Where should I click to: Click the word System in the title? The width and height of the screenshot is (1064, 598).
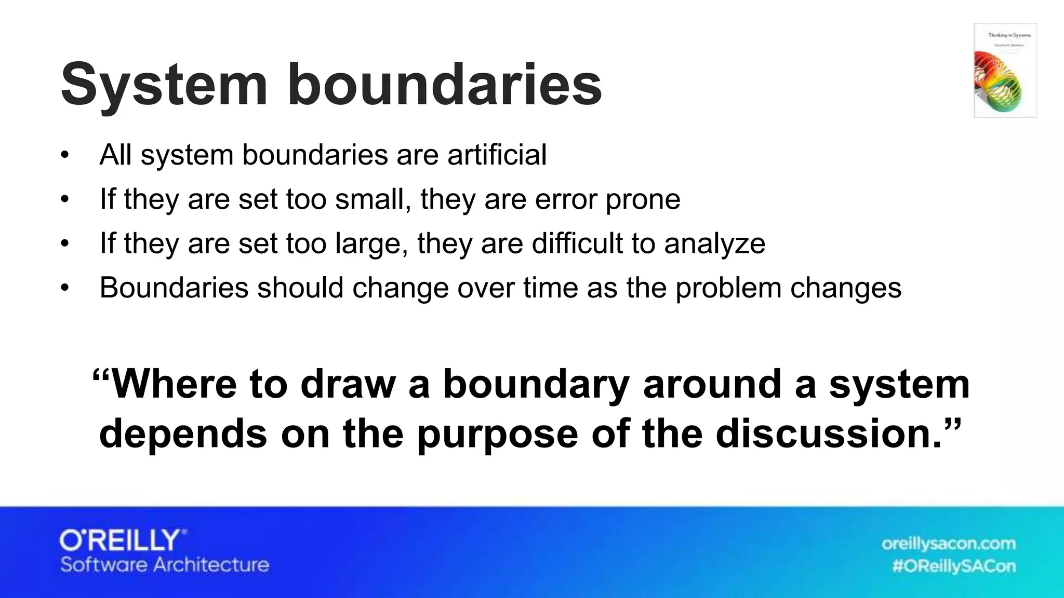(x=164, y=85)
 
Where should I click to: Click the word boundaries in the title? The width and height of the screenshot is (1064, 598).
(x=444, y=85)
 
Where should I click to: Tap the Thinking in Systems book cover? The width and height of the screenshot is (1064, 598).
(x=1005, y=70)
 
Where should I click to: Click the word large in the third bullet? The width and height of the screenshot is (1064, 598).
(x=370, y=243)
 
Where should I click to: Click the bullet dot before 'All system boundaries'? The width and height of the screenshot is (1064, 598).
(x=64, y=155)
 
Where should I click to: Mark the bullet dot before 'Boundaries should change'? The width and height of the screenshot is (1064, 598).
(x=64, y=288)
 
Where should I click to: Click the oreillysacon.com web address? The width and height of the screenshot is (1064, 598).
(x=948, y=543)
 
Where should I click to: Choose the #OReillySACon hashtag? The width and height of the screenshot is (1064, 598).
(x=954, y=566)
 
